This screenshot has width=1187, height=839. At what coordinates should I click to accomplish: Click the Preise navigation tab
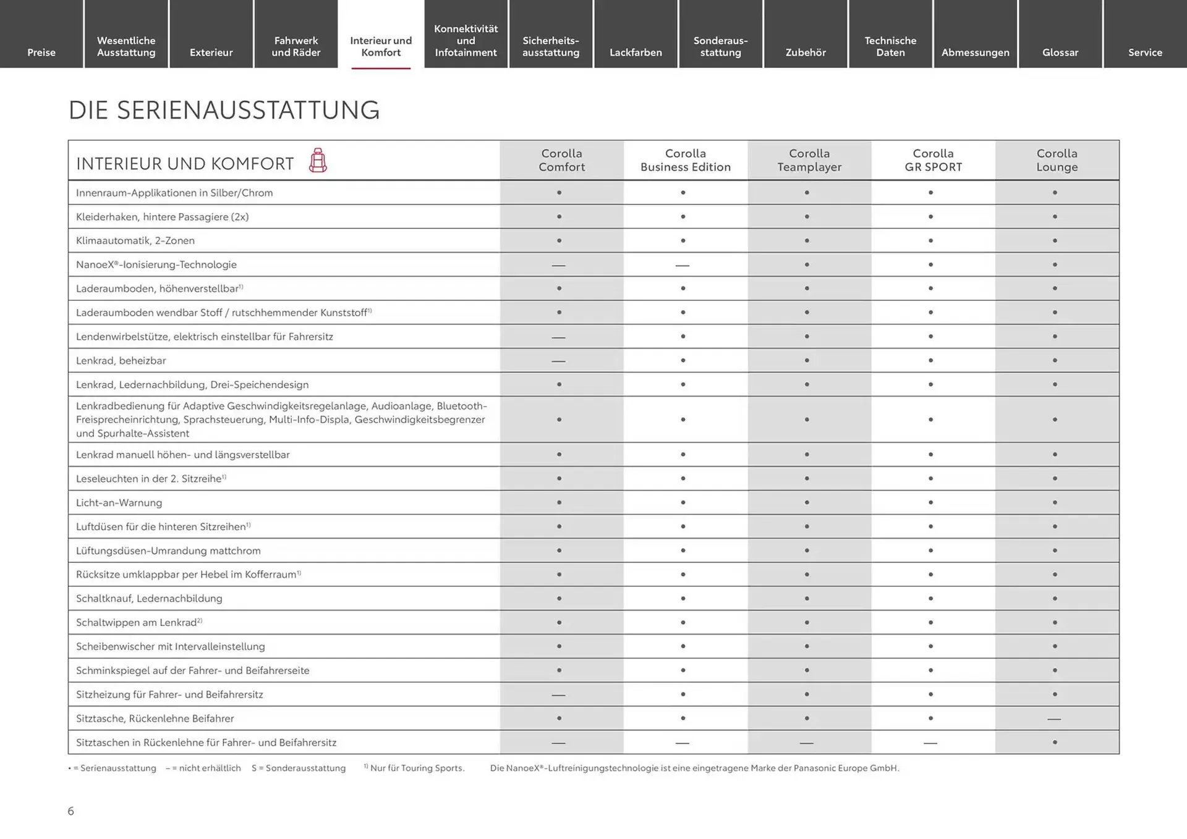pos(41,52)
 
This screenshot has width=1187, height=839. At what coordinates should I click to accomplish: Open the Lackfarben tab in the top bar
pos(636,52)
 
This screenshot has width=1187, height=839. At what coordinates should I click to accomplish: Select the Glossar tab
pos(1060,52)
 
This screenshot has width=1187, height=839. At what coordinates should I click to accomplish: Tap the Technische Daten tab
pos(890,46)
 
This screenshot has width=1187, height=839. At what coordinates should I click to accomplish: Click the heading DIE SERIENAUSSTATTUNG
pos(224,110)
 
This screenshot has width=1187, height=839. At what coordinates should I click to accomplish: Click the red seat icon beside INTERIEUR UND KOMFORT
pos(318,161)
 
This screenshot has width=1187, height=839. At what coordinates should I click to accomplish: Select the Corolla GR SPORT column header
pos(933,160)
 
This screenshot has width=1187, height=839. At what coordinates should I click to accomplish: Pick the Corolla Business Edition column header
pos(685,160)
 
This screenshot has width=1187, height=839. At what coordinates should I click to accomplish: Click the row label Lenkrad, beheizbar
pos(121,360)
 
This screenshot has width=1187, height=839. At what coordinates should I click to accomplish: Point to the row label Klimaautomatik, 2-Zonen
pos(135,240)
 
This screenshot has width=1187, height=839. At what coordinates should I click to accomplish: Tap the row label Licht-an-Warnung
pos(119,502)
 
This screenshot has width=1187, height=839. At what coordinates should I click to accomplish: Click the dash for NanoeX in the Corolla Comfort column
pos(558,265)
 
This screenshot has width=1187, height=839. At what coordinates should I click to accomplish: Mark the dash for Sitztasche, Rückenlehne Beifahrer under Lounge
pos(1054,719)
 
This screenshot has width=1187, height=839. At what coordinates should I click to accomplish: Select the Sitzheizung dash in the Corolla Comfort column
pos(558,695)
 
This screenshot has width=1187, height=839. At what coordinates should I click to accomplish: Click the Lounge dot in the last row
pos(1055,742)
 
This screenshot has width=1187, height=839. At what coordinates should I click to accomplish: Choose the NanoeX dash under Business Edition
pos(682,265)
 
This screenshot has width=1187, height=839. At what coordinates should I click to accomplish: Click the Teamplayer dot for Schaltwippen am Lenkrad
pos(807,622)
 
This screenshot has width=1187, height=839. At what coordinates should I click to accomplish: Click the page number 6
pos(70,811)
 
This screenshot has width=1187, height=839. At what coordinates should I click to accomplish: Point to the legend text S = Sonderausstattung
pos(299,768)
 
